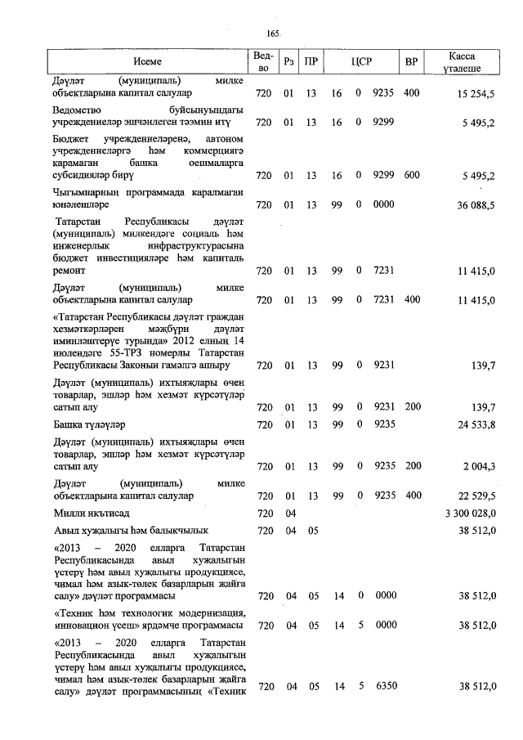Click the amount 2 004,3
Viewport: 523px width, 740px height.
[479, 467]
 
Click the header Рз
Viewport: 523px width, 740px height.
[288, 62]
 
